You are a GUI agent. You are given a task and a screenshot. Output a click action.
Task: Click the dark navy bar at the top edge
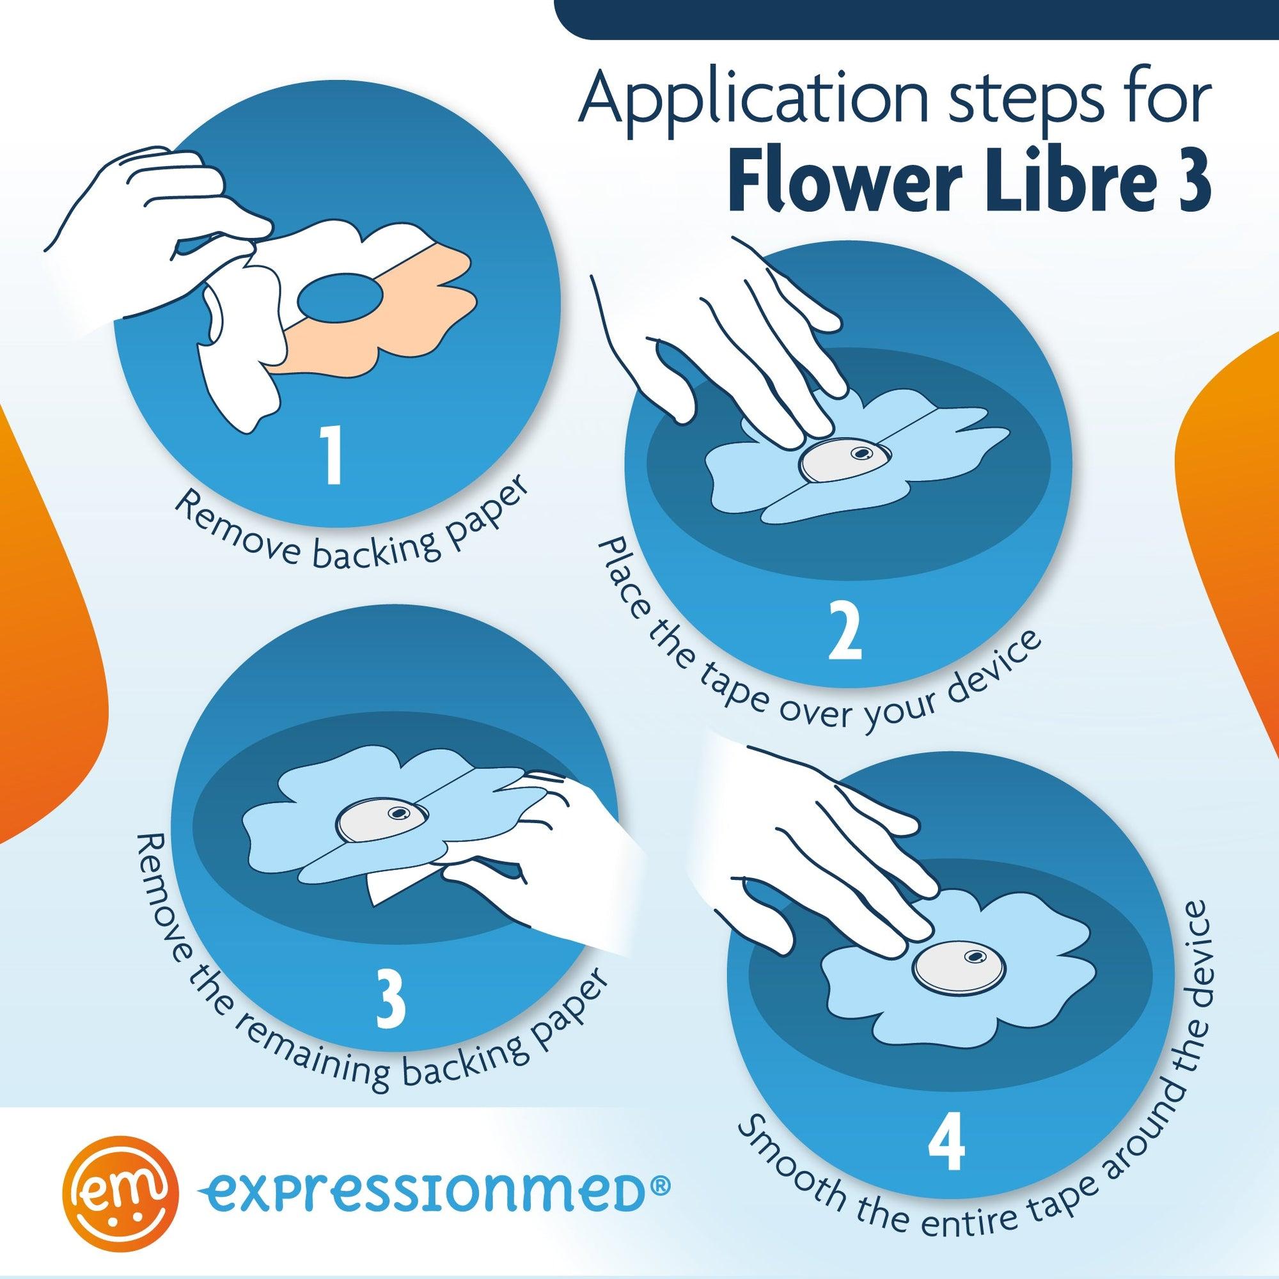coord(918,19)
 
